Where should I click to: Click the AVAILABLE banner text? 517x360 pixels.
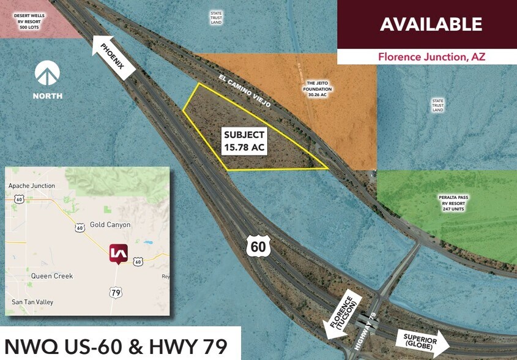[431, 24]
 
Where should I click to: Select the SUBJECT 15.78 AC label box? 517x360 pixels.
[244, 141]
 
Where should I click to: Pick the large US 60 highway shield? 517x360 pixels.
[257, 247]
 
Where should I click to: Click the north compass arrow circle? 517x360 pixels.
[47, 73]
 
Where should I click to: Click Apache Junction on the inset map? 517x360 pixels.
[32, 186]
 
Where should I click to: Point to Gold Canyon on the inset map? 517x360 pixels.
[110, 225]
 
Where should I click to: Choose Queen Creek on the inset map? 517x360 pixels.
[52, 276]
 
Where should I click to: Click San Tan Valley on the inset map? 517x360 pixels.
[32, 302]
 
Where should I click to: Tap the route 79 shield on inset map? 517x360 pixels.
[116, 293]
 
